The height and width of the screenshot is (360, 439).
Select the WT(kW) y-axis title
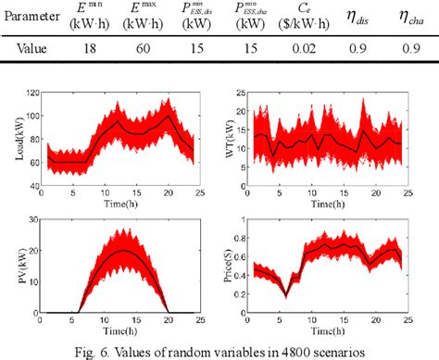coord(230,141)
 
